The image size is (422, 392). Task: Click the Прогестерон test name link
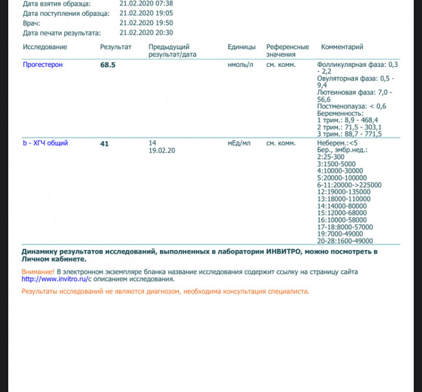(42, 65)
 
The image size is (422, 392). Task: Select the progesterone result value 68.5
(108, 65)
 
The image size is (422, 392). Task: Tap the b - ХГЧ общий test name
(45, 143)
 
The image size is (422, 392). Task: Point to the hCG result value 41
(105, 143)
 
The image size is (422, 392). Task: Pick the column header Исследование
(45, 47)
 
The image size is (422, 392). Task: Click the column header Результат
(115, 47)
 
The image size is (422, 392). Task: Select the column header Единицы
(241, 47)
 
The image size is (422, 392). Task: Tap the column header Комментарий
(342, 47)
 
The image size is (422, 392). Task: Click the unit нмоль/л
(240, 65)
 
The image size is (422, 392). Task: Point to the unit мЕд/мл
(239, 143)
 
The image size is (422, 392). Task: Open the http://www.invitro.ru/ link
(54, 279)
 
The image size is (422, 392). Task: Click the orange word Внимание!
(38, 272)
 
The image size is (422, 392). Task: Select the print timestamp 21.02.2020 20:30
(145, 33)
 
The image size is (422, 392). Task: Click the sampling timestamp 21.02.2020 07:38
(145, 3)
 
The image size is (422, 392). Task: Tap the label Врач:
(32, 23)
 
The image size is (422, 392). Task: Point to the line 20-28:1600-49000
(345, 241)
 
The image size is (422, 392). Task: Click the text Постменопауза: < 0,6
(351, 106)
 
